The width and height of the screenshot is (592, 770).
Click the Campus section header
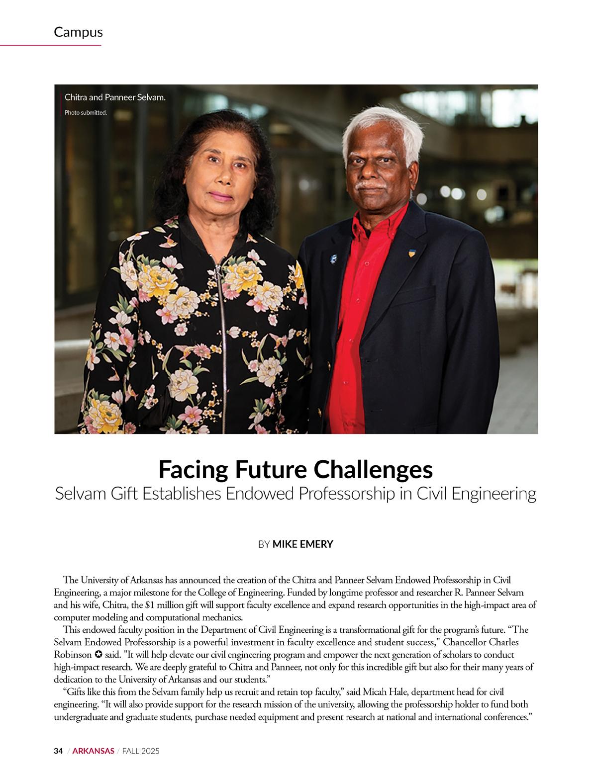(78, 32)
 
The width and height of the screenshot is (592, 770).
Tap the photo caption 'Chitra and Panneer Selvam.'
(115, 97)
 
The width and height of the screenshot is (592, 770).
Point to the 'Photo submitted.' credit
(86, 113)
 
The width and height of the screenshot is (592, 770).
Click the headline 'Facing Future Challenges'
(296, 469)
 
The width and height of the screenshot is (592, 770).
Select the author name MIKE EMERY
(302, 544)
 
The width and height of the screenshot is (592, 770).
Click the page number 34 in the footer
(58, 751)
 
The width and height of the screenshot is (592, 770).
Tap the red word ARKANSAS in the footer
(94, 751)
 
